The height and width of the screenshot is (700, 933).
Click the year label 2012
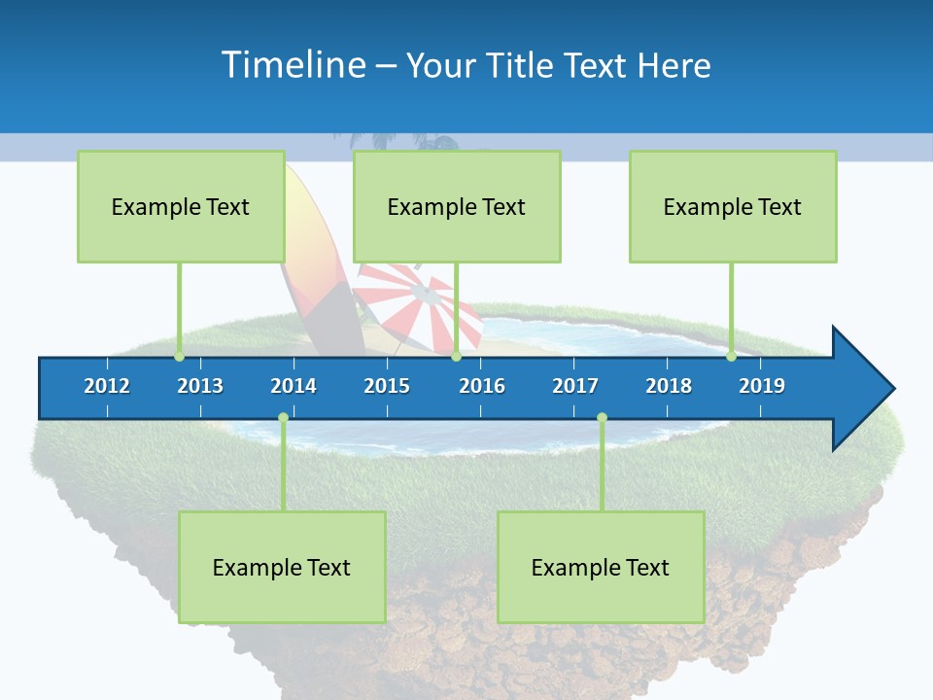pyautogui.click(x=107, y=386)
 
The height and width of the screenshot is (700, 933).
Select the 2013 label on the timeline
pyautogui.click(x=200, y=386)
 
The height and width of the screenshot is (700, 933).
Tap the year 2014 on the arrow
pyautogui.click(x=294, y=386)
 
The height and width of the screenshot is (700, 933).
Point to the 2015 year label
pyautogui.click(x=387, y=386)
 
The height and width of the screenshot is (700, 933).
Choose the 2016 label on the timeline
pyautogui.click(x=482, y=386)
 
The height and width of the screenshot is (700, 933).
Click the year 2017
pyautogui.click(x=575, y=386)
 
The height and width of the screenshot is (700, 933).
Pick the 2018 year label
pyautogui.click(x=669, y=386)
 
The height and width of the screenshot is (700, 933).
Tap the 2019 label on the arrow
pyautogui.click(x=762, y=386)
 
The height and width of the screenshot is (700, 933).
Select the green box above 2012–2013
pyautogui.click(x=181, y=206)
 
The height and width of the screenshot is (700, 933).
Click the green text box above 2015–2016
pyautogui.click(x=457, y=206)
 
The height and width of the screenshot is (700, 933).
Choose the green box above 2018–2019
pyautogui.click(x=733, y=206)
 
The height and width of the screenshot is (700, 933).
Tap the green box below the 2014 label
pyautogui.click(x=282, y=567)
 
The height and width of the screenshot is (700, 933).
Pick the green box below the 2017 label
pyautogui.click(x=601, y=567)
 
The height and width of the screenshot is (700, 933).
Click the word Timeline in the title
pyautogui.click(x=293, y=65)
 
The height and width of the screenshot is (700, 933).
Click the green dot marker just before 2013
pyautogui.click(x=179, y=356)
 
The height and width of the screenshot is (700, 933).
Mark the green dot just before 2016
pyautogui.click(x=456, y=356)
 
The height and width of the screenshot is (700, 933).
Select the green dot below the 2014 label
pyautogui.click(x=283, y=418)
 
